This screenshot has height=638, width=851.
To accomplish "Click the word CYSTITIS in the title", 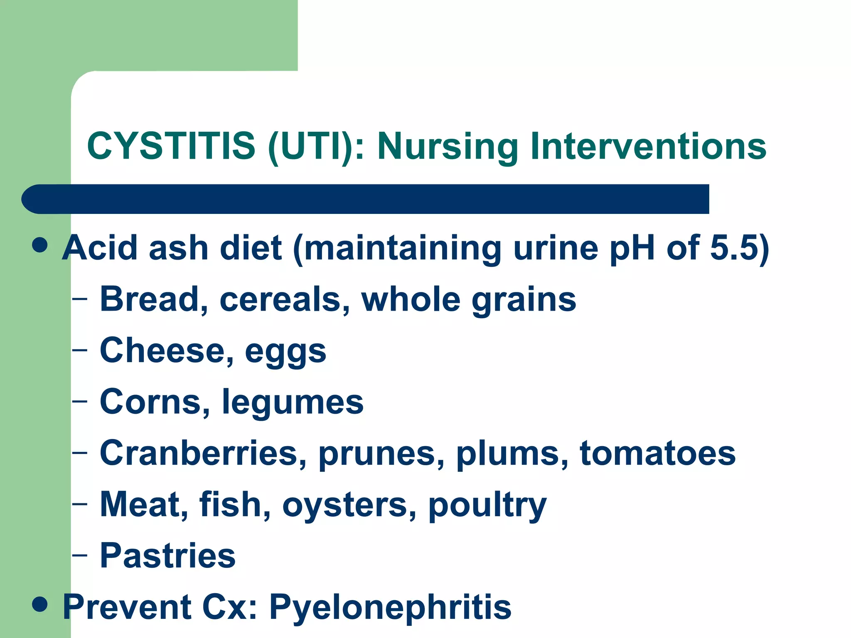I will pyautogui.click(x=171, y=146).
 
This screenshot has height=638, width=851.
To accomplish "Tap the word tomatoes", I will pyautogui.click(x=657, y=453).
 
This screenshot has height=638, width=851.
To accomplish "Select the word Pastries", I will pyautogui.click(x=168, y=555).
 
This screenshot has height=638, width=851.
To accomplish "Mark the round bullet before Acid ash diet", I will pyautogui.click(x=40, y=245).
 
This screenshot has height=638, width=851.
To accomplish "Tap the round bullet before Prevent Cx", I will pyautogui.click(x=40, y=604).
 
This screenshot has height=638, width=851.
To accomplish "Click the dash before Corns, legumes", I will pyautogui.click(x=80, y=401).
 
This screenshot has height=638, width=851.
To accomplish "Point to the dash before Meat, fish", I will pyautogui.click(x=80, y=504).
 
